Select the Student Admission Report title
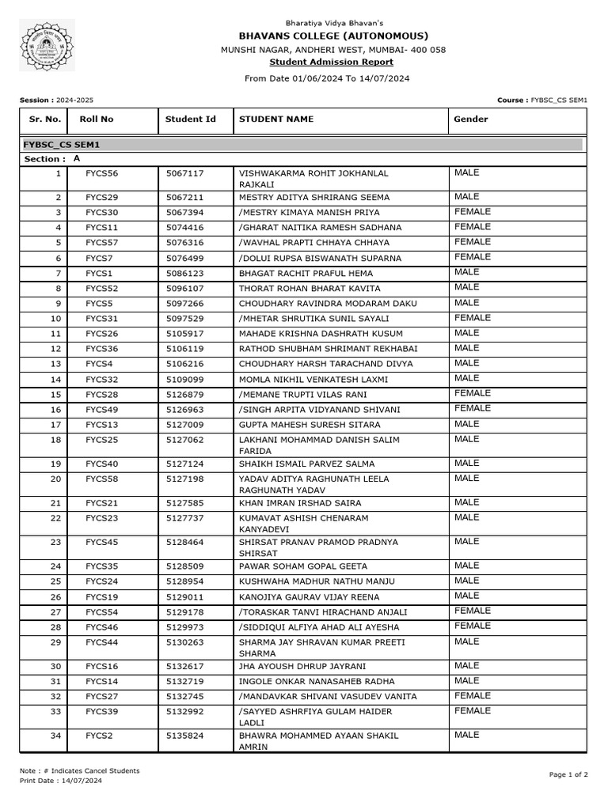coord(331,62)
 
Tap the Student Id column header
coord(190,119)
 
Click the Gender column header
coord(470,119)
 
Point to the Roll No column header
coord(96,119)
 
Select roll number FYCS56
coord(102,173)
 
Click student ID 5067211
coord(184,198)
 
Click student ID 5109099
coord(184,380)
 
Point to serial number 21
coord(55,503)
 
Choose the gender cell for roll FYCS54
coord(473,611)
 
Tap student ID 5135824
coord(184,736)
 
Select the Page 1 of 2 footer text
coord(568,775)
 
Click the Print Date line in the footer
coord(61,781)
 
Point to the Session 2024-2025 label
coord(56,100)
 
